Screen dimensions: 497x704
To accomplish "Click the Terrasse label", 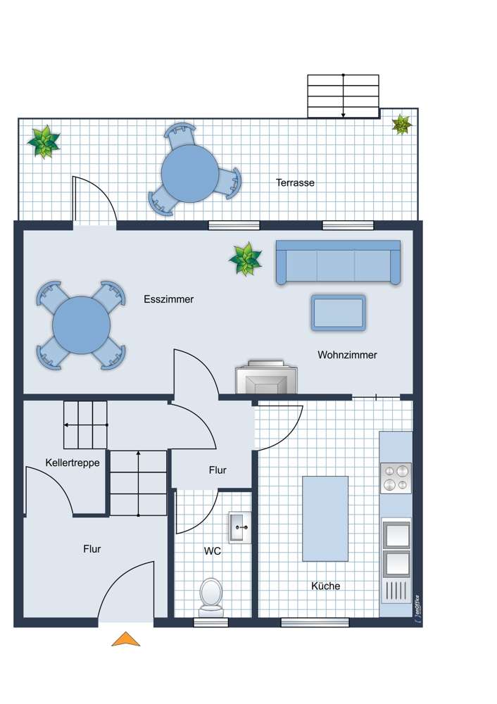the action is [295, 183].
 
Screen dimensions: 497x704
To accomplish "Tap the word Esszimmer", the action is [169, 299].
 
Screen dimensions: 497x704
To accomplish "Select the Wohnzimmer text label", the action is [347, 355].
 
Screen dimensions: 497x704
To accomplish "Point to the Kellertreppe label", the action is [73, 463].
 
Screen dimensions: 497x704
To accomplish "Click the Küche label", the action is [325, 586].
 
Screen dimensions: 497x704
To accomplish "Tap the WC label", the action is [213, 551].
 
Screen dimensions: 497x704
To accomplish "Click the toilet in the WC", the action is [211, 597].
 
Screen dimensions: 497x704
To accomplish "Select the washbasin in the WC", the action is [240, 527].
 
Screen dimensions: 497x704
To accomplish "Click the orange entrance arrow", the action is [126, 639].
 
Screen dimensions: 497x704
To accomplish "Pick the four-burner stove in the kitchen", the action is [396, 478].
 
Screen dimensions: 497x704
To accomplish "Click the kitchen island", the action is [325, 519].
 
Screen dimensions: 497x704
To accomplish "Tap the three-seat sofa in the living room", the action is [338, 262].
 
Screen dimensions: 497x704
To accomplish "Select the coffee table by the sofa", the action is [338, 313].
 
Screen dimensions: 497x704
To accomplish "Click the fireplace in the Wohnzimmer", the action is [266, 377].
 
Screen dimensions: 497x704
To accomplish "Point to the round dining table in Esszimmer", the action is [81, 325].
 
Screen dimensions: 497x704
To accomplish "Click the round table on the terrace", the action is [190, 173].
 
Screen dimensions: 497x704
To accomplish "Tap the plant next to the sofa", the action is [245, 258].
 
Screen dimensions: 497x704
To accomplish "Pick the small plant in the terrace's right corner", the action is [401, 125].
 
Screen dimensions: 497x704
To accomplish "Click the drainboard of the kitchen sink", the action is [396, 591].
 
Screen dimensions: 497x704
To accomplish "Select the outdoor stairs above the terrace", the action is [344, 96].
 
